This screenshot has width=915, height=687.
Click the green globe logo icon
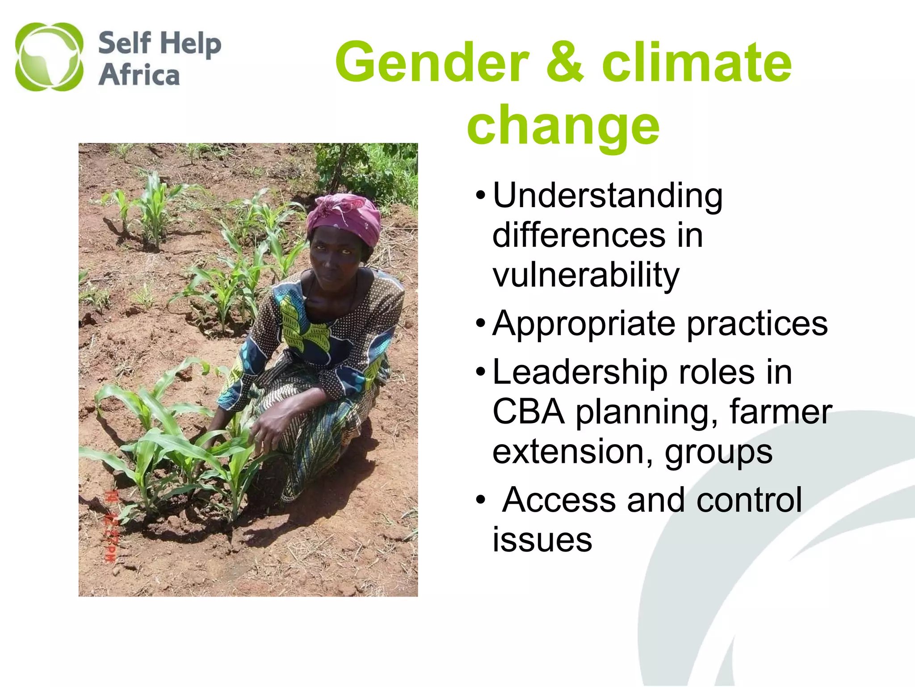[49, 57]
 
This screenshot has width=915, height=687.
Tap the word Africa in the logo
[139, 74]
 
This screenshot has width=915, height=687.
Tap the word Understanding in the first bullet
[608, 196]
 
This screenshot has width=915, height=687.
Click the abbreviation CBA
[528, 411]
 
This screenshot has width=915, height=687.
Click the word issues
[542, 539]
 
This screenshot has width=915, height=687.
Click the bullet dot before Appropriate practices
[480, 323]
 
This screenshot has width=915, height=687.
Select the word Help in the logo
[191, 44]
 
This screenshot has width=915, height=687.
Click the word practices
[757, 324]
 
